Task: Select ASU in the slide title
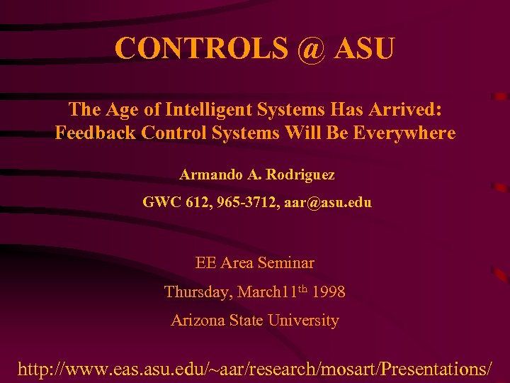(365, 48)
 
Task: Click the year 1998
(328, 292)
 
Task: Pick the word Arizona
(198, 321)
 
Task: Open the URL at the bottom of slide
(255, 369)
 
